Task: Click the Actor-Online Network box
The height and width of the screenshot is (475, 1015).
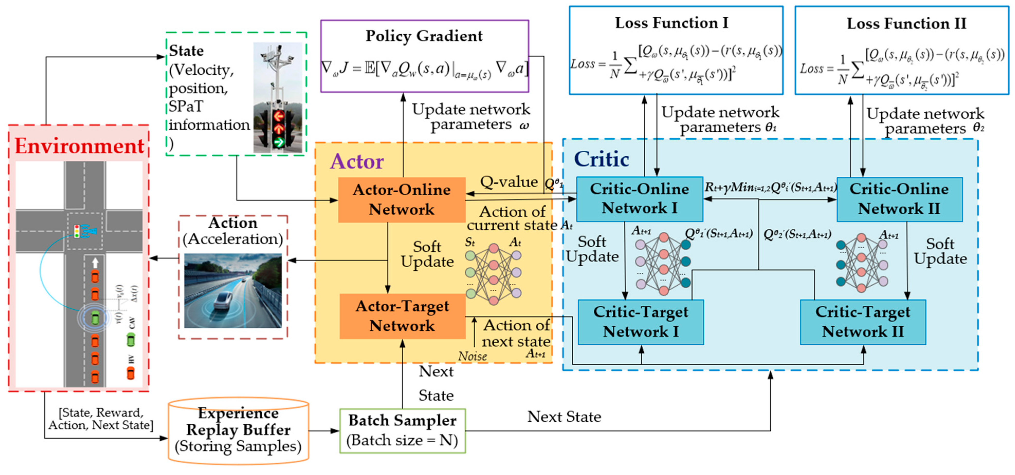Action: (402, 200)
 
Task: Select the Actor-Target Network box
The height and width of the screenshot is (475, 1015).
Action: (402, 316)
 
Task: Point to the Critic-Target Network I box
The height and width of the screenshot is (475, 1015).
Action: (641, 322)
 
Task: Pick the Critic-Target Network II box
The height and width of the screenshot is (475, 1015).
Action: (863, 322)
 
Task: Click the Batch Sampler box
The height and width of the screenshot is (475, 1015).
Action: (402, 431)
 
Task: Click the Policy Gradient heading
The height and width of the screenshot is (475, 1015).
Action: (424, 36)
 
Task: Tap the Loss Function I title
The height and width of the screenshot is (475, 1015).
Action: (672, 23)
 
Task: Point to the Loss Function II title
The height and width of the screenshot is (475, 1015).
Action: (906, 24)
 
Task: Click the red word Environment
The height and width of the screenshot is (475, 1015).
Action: (79, 146)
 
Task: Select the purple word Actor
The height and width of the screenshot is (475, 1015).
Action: (357, 161)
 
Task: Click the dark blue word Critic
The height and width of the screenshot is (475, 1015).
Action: (601, 159)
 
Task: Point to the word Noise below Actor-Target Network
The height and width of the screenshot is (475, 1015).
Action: (473, 356)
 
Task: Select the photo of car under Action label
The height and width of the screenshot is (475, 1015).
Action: (233, 291)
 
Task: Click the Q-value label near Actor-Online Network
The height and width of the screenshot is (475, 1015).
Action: (509, 182)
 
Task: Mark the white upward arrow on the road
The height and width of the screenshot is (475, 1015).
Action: (95, 263)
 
